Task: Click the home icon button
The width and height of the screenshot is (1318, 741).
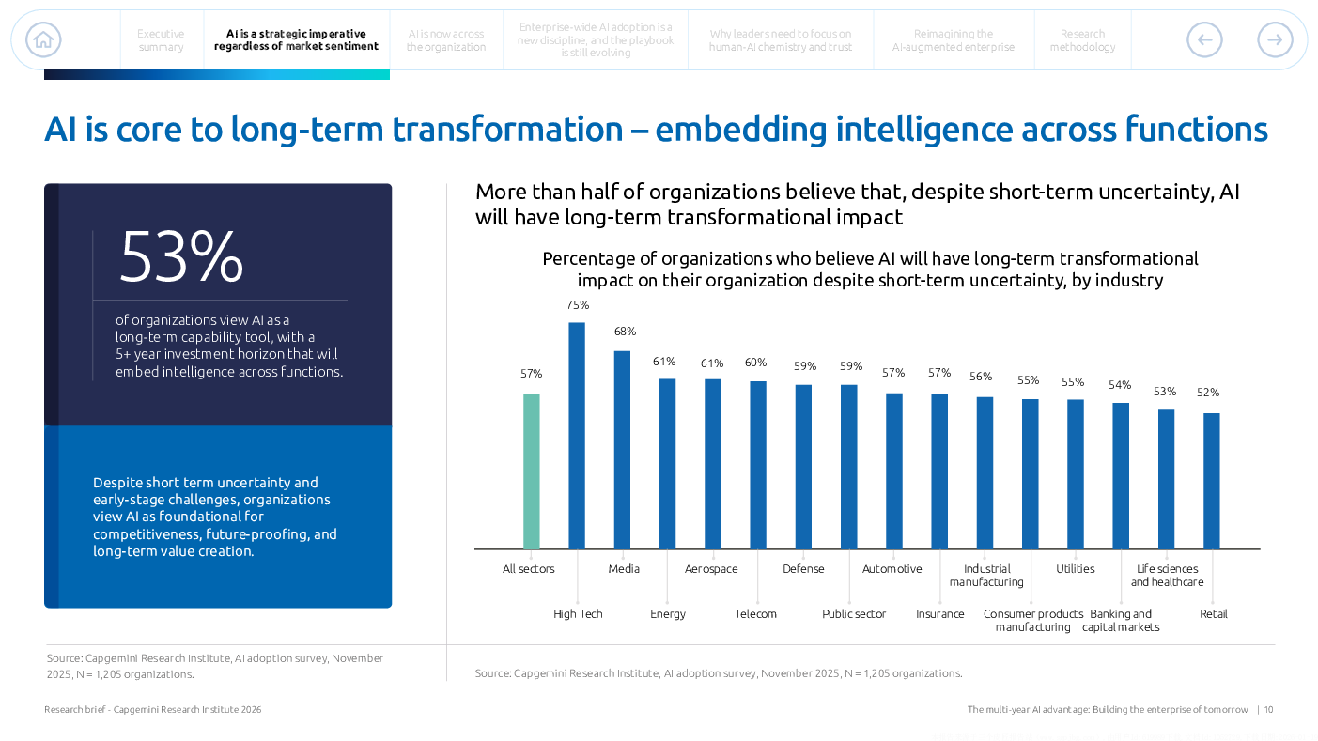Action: click(x=43, y=39)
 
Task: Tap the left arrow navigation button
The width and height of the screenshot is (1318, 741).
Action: click(x=1204, y=39)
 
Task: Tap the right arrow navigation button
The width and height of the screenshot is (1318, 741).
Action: click(x=1275, y=39)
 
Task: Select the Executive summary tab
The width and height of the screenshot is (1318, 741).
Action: click(x=161, y=40)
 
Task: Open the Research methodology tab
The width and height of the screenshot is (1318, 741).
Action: click(x=1082, y=40)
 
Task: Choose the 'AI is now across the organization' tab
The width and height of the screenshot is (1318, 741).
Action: click(x=446, y=40)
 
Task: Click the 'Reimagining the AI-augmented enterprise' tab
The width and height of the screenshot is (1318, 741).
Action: click(x=953, y=40)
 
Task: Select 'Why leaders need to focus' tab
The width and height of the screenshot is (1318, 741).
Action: click(x=780, y=40)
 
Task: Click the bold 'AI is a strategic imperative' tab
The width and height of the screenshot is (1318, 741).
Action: click(x=296, y=40)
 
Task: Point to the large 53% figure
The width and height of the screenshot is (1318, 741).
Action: click(x=181, y=256)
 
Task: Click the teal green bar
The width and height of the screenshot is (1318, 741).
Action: click(x=532, y=471)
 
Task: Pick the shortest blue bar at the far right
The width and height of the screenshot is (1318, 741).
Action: click(x=1212, y=481)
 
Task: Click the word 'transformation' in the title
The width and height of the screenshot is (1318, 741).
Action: click(x=507, y=129)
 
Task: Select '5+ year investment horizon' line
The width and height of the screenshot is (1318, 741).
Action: click(x=226, y=354)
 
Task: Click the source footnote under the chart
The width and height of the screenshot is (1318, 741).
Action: click(x=718, y=673)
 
